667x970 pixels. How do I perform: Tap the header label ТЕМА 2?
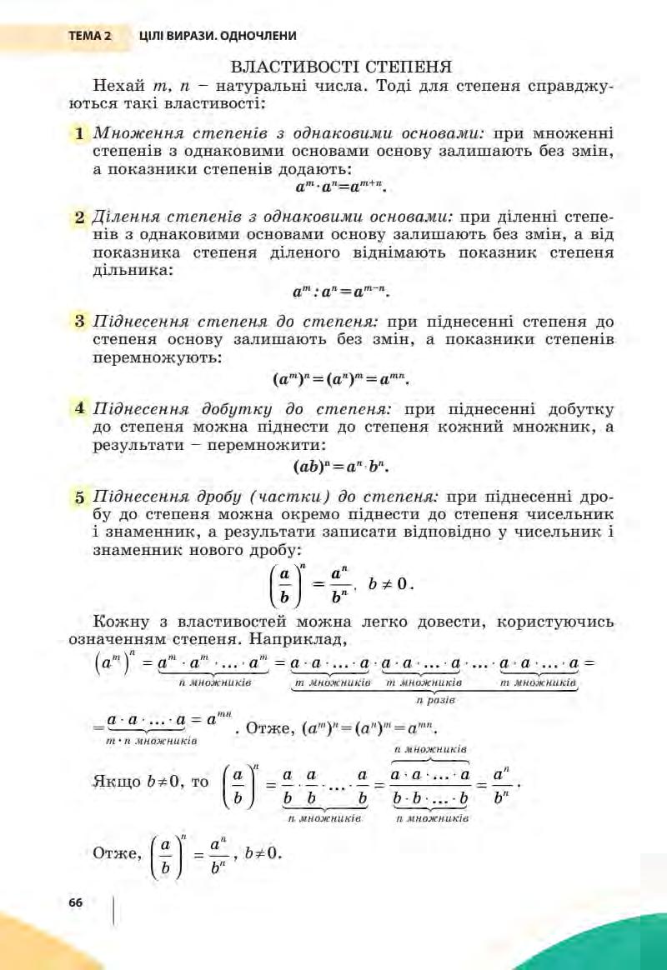pos(90,36)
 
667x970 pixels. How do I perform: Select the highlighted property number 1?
pos(78,133)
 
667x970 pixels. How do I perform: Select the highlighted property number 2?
pos(79,217)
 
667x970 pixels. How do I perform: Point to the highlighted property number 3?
pos(79,321)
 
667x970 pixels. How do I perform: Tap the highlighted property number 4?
pos(79,409)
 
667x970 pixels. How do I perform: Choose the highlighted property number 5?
pos(79,498)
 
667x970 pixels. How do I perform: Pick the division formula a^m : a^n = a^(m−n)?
pos(342,292)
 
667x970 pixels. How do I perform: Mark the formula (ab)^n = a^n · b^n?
pos(342,464)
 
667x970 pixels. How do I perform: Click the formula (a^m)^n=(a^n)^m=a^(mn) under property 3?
pos(342,379)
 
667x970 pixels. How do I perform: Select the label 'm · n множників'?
pos(152,740)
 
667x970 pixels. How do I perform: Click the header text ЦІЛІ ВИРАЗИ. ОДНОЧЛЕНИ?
pos(218,36)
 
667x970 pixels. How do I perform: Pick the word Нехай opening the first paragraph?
pos(119,87)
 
